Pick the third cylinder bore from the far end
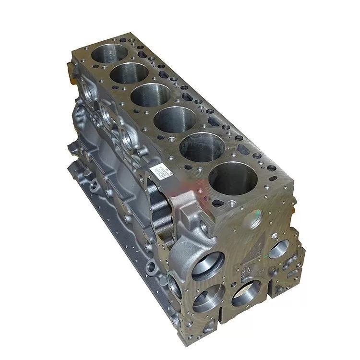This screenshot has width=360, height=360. click(151, 95)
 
